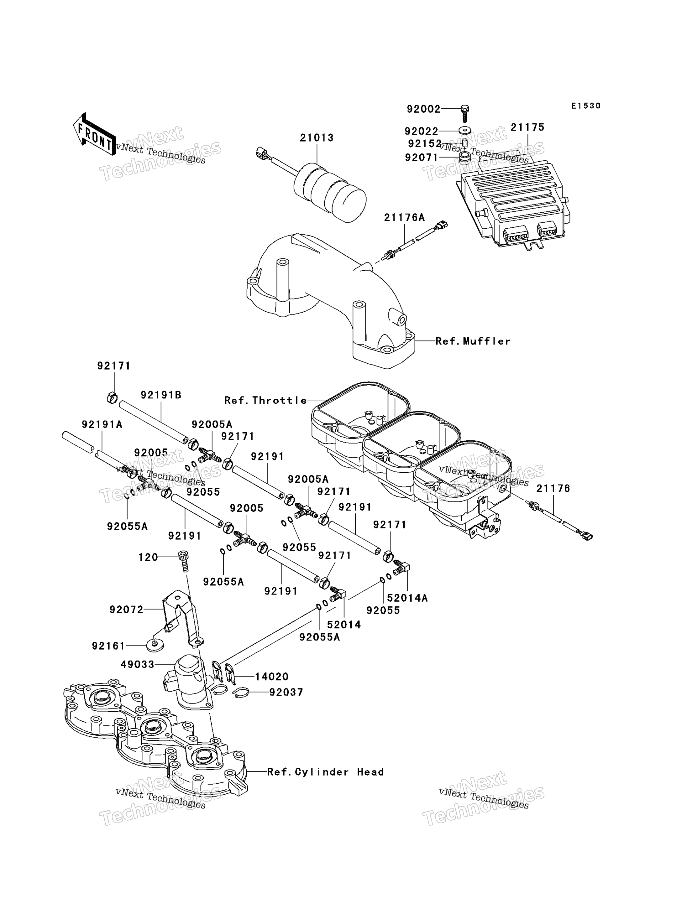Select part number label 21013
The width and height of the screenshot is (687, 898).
317,138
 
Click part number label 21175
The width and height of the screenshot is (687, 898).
527,127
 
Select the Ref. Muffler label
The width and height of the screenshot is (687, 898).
473,341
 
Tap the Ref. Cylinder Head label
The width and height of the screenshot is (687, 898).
326,772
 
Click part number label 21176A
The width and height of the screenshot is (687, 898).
404,217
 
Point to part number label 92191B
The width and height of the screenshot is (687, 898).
161,395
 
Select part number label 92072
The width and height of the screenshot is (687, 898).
126,610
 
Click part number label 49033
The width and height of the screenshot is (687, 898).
137,665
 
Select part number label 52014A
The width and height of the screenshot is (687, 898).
407,598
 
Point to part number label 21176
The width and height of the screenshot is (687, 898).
553,488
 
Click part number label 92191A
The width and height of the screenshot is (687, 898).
102,424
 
